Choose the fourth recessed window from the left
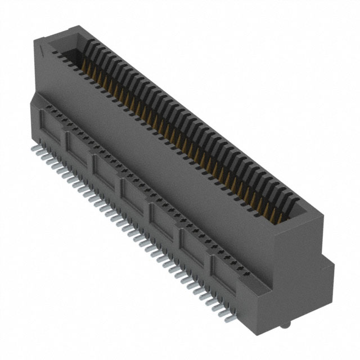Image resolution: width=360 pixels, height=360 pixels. point(133,195)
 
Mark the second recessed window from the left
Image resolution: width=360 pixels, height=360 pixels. point(78,147)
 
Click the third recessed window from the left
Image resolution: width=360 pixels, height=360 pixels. point(105,170)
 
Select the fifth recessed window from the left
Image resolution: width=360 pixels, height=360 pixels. point(163,220)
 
